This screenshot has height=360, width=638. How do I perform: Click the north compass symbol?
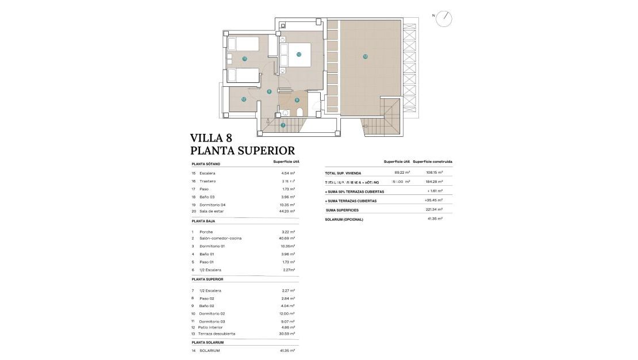click(444, 19)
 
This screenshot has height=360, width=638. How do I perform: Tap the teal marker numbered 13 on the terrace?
click(365, 56)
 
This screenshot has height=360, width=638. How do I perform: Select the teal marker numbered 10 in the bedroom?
click(299, 55)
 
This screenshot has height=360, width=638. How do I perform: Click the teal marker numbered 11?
click(244, 59)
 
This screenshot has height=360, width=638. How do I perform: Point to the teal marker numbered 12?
click(244, 99)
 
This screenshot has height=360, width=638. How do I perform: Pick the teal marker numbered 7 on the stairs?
click(283, 125)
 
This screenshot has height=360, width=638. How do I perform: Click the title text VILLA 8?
click(212, 138)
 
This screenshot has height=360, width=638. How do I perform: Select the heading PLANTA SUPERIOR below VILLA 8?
click(242, 151)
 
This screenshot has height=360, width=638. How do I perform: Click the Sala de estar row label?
click(212, 211)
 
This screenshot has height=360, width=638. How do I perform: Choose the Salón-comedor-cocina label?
click(220, 238)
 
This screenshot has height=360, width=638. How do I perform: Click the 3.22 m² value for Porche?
click(288, 232)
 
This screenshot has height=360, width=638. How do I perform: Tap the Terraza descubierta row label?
click(217, 334)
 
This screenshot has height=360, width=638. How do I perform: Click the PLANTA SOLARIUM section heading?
click(207, 342)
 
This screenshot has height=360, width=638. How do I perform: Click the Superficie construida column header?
click(432, 162)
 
